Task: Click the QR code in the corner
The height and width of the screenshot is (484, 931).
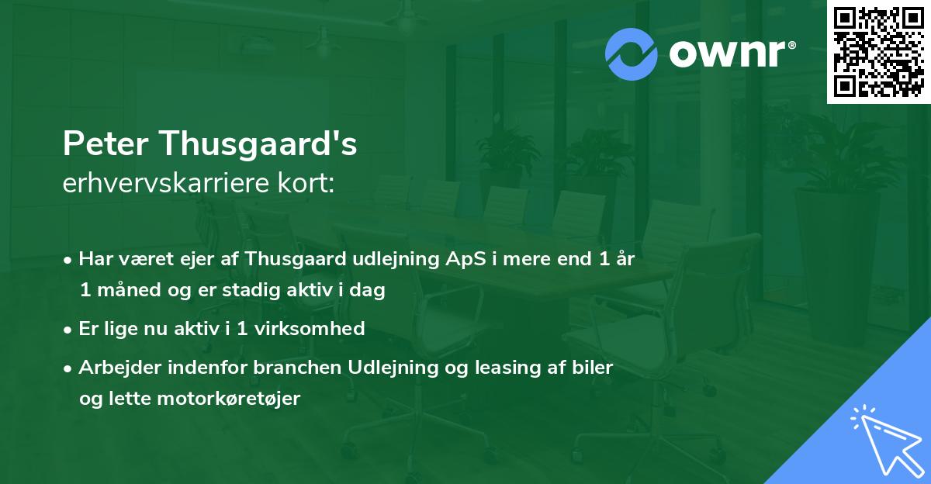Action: [x=877, y=51]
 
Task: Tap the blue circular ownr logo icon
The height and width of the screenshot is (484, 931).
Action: [x=632, y=54]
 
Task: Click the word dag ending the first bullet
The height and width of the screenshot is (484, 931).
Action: [x=369, y=292]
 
